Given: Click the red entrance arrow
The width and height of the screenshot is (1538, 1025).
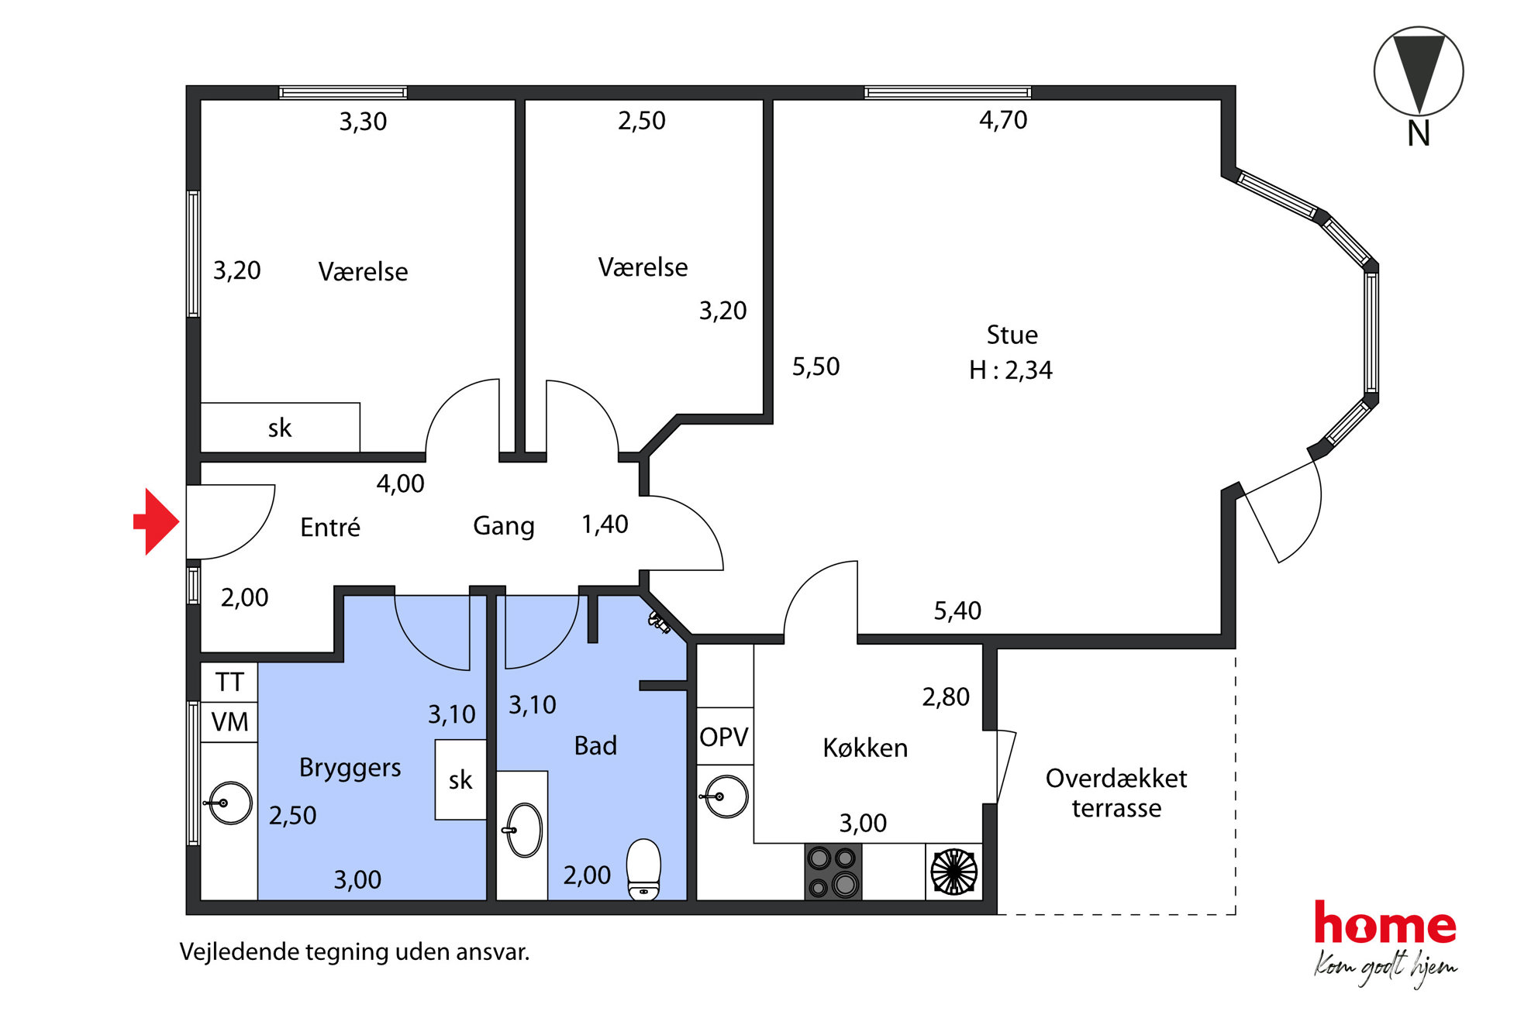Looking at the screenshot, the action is (157, 521).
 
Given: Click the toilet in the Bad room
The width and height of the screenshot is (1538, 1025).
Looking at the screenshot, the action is (643, 869).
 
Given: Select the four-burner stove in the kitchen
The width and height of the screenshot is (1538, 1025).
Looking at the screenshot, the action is (833, 872).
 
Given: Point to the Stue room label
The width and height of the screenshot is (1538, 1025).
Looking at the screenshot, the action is (1012, 335).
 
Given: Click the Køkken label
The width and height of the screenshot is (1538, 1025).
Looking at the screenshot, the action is (865, 748).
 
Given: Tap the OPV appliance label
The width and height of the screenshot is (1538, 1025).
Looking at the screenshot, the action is (724, 737).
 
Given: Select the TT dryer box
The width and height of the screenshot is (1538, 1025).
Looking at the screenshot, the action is (229, 682).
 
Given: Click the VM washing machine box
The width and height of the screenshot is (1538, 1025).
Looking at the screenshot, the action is (229, 722).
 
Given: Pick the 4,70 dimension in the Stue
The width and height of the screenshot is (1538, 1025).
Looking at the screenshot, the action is (1003, 120).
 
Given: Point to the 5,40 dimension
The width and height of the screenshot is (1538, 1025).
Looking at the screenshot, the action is (957, 611).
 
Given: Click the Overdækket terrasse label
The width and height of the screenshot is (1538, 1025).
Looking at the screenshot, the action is (1116, 793).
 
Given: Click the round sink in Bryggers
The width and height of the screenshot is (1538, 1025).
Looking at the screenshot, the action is (230, 803).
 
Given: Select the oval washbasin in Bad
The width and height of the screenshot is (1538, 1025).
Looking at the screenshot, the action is (524, 830).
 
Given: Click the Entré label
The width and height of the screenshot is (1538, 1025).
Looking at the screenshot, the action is (330, 527).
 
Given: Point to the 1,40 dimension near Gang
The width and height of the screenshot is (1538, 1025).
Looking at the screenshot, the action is (605, 525).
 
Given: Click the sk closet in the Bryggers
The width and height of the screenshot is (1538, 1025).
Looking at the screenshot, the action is (460, 779).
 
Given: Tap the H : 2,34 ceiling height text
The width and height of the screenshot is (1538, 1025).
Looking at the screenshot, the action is (1011, 370).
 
